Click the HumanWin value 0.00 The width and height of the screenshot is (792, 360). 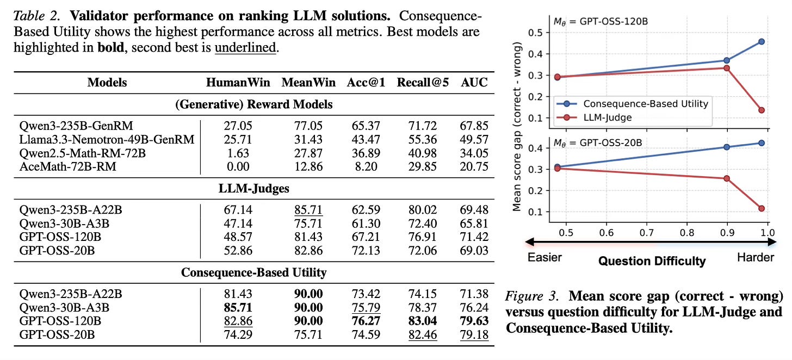coord(238,167)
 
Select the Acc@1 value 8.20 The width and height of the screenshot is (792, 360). coord(362,167)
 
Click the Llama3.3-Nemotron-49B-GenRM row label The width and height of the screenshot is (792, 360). coord(106,140)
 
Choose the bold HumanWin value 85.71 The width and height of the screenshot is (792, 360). coord(238,307)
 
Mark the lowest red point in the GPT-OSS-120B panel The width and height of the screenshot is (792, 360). coord(761,110)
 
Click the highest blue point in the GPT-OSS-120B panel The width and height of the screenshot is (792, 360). coord(761,41)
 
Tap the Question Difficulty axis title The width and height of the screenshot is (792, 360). coord(652,261)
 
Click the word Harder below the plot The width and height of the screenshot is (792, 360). coord(755,257)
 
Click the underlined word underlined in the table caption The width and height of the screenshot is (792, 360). coord(246,47)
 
